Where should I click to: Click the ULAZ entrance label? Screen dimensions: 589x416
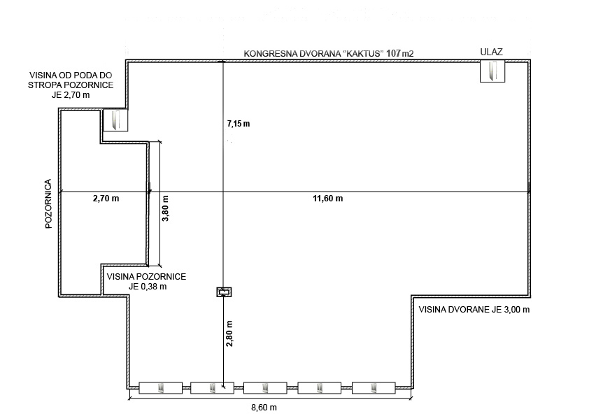click(491, 52)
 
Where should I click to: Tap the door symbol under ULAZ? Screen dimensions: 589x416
click(492, 71)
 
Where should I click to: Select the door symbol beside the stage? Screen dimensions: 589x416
click(115, 120)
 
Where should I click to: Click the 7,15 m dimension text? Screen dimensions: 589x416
click(239, 124)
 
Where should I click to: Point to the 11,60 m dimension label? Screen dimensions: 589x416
click(328, 199)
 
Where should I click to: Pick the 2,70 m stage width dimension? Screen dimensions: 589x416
click(106, 199)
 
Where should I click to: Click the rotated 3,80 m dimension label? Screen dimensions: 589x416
click(165, 208)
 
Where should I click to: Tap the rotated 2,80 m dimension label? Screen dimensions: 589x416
click(229, 333)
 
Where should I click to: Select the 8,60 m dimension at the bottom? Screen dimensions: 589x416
click(264, 408)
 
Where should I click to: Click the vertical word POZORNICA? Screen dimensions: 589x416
click(48, 204)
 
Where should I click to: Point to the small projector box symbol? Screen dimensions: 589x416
click(225, 292)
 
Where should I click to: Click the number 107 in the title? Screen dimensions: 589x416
click(393, 53)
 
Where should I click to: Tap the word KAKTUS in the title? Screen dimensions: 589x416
click(364, 53)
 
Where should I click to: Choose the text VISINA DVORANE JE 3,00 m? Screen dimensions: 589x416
click(474, 310)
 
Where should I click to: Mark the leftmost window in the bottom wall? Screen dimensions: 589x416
click(161, 388)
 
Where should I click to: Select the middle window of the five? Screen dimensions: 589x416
click(265, 388)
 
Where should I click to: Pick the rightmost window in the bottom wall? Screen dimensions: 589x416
click(374, 388)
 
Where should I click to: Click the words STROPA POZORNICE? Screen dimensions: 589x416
click(71, 85)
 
